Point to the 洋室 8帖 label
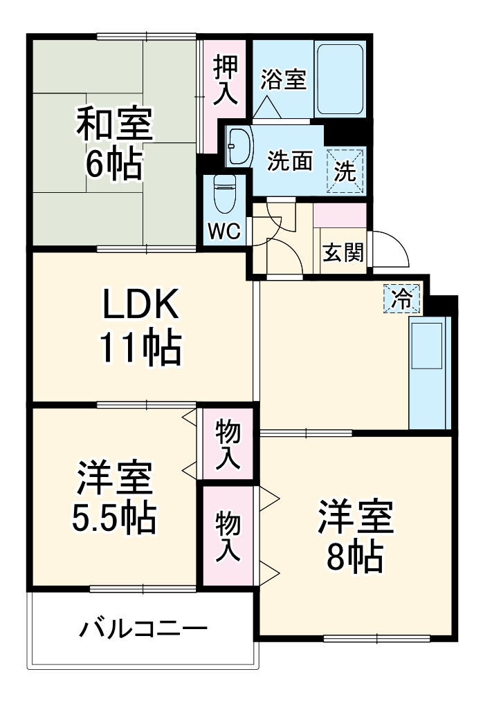[356, 536]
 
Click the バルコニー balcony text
[143, 630]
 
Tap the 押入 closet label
[225, 82]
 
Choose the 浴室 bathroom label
[282, 80]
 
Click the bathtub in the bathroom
[340, 80]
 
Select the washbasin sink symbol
[239, 146]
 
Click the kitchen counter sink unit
[430, 373]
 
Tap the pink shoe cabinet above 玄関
[340, 215]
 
